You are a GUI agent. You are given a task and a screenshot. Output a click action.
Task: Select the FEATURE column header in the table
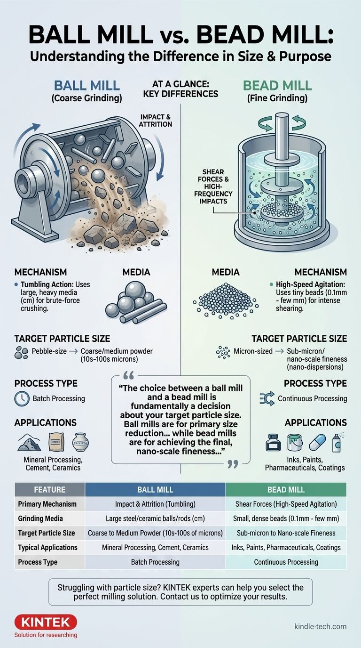coord(49,490)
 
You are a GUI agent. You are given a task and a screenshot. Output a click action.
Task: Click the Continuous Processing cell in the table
coord(286,562)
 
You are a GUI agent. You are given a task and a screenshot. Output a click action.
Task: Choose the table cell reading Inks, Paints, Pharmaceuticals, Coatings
coord(286,547)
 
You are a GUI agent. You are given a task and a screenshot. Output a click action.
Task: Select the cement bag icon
coord(56,442)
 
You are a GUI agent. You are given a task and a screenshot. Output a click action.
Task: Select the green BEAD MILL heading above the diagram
coord(278,86)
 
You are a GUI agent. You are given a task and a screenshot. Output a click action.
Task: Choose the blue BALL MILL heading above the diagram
coord(87,86)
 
